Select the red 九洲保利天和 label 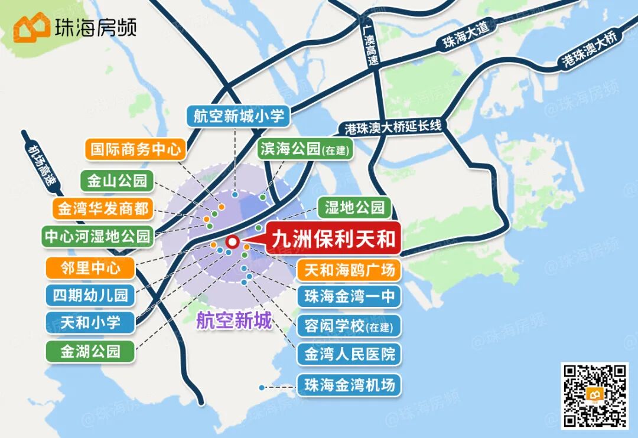click(x=333, y=239)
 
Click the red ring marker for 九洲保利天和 click(x=232, y=241)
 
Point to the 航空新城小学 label click(x=239, y=116)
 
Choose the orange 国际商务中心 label click(x=135, y=149)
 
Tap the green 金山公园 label click(x=117, y=181)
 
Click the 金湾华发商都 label click(x=102, y=208)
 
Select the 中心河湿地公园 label click(x=97, y=237)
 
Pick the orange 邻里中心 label click(x=90, y=269)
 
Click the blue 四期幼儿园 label click(x=90, y=295)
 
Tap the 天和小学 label click(x=90, y=322)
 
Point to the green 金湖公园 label click(x=90, y=351)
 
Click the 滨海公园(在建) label click(x=304, y=149)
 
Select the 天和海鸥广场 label click(x=349, y=270)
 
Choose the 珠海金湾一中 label click(x=349, y=296)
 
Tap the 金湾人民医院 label click(x=349, y=354)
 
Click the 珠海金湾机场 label click(x=349, y=385)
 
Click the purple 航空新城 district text click(x=234, y=321)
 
